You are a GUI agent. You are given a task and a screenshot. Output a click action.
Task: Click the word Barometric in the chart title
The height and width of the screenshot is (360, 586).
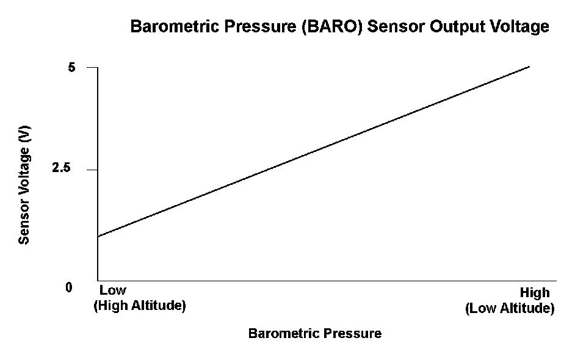[176, 26]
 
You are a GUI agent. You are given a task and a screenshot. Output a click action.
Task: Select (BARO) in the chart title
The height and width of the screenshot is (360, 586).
[332, 27]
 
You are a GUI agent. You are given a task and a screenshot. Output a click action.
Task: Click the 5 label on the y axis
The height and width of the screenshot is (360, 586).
[71, 67]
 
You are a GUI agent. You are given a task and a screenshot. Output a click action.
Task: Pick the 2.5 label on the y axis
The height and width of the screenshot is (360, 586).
[61, 168]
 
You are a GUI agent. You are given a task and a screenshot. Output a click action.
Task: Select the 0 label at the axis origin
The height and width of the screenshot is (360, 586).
[69, 287]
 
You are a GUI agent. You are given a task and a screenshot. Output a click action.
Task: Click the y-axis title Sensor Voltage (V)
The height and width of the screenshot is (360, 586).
[24, 185]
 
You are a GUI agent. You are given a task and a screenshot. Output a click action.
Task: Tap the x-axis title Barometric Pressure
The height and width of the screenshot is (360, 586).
[315, 333]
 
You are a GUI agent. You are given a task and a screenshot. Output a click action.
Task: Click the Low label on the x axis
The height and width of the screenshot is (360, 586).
[112, 290]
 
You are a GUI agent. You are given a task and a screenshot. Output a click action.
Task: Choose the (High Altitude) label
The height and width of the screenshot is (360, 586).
[139, 306]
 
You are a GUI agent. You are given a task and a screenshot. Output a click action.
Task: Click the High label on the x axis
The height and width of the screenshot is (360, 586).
[535, 293]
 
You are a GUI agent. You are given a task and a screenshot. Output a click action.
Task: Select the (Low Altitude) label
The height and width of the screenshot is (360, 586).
[510, 309]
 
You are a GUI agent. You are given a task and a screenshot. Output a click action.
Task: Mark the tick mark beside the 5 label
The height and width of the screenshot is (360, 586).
[92, 68]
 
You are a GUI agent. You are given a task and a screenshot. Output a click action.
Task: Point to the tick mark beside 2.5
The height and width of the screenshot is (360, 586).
[92, 170]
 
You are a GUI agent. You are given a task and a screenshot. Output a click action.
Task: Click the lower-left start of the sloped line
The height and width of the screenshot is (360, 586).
[98, 236]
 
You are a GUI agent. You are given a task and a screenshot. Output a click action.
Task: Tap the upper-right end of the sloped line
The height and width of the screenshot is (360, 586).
[530, 67]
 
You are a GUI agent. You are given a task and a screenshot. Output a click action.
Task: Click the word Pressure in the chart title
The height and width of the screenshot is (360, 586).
[261, 26]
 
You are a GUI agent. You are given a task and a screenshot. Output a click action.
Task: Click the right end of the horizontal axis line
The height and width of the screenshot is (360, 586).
[557, 281]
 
